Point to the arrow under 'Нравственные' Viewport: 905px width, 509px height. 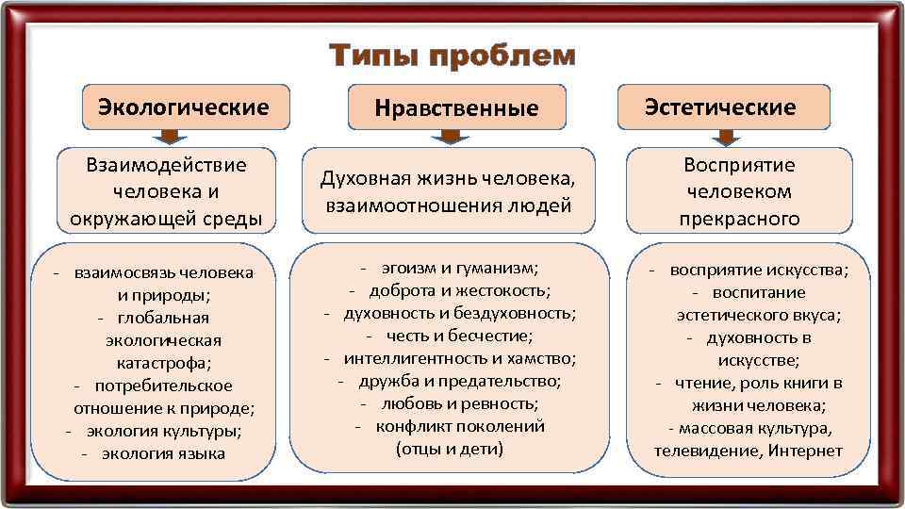[x=452, y=138]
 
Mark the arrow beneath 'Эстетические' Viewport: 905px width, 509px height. [x=724, y=138]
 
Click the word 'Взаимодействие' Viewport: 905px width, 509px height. [x=166, y=165]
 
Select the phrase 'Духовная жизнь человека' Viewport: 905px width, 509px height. [x=448, y=178]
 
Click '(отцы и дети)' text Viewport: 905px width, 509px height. [x=450, y=449]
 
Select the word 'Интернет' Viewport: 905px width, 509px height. [x=805, y=451]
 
